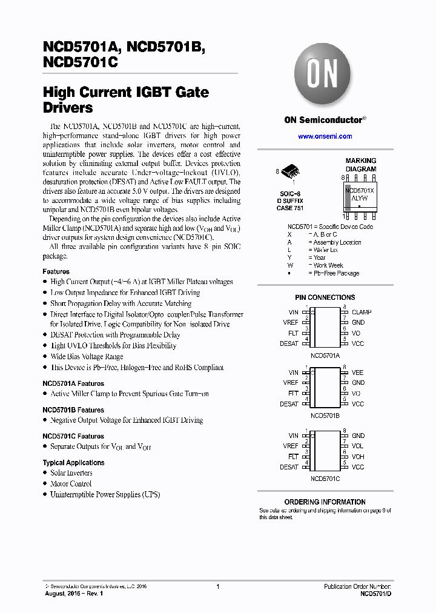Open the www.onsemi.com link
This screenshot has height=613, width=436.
click(325, 136)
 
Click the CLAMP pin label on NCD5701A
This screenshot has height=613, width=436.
click(362, 313)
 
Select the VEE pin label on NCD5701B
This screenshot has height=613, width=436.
click(357, 373)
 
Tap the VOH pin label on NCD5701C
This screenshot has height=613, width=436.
click(358, 457)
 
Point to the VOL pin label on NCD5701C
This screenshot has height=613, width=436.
click(357, 446)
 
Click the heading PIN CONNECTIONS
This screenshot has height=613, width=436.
click(325, 297)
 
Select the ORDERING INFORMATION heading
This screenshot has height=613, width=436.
click(325, 502)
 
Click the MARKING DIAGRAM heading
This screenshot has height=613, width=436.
click(360, 165)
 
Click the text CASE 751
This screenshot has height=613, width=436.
click(290, 208)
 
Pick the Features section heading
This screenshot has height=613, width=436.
click(56, 271)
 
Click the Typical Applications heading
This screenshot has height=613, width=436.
click(73, 463)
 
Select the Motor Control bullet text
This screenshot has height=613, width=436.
click(71, 484)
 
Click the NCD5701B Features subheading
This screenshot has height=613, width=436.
click(73, 410)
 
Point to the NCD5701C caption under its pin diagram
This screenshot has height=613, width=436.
click(325, 479)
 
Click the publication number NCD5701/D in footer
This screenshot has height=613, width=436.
click(375, 594)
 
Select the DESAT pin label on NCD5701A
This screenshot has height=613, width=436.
click(289, 343)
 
